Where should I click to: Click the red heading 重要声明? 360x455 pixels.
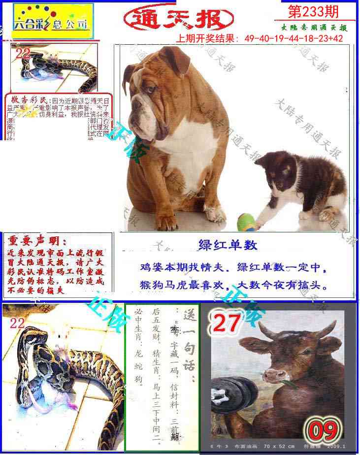click(36, 241)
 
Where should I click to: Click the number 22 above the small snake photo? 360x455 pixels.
click(23, 54)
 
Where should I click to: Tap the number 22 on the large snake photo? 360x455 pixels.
click(17, 323)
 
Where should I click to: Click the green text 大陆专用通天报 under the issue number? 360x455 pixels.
click(315, 28)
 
